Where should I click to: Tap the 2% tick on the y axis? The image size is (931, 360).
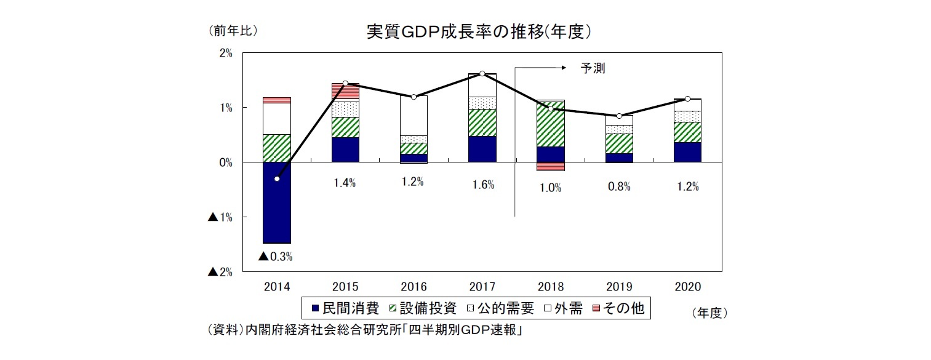click(x=225, y=54)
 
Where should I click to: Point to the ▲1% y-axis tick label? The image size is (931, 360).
click(x=220, y=217)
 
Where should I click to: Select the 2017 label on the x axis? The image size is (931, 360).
click(x=482, y=287)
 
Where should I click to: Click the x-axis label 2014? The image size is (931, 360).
click(x=277, y=287)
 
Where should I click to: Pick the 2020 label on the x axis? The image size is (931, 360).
click(x=687, y=287)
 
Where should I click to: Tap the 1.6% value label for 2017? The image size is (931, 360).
click(x=483, y=185)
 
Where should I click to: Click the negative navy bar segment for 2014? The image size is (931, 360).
click(x=277, y=202)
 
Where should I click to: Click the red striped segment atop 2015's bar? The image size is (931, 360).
click(x=345, y=91)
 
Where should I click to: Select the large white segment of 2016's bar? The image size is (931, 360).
click(x=414, y=115)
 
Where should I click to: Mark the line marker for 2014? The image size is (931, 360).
click(x=277, y=178)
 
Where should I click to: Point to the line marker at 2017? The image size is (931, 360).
click(x=482, y=74)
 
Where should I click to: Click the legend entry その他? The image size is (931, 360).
click(x=619, y=308)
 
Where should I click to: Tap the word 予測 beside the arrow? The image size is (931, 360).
click(x=593, y=69)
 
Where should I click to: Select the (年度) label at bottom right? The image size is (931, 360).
click(x=709, y=313)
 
